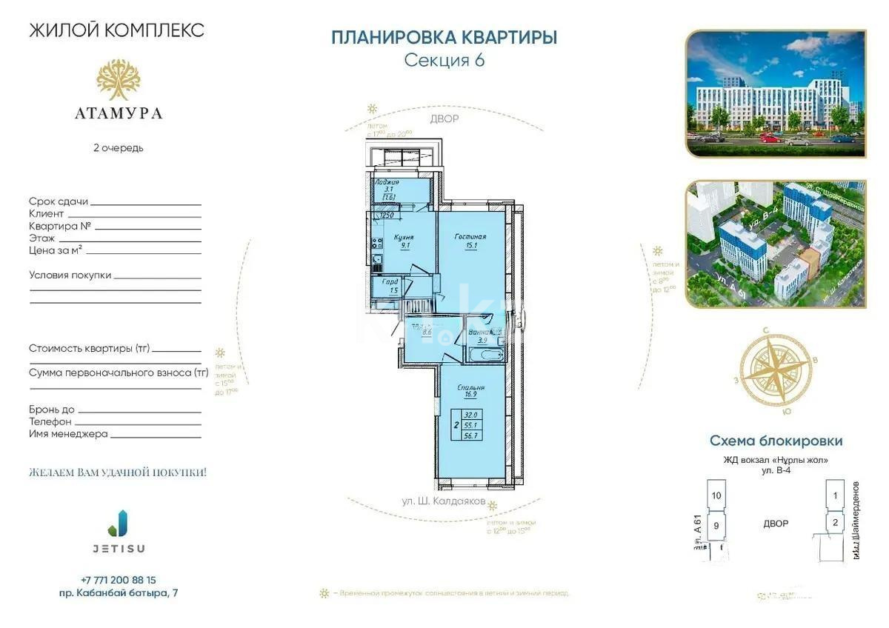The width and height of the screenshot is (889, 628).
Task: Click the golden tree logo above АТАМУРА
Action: coord(118,80)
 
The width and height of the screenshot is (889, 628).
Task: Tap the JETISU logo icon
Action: coord(118,522)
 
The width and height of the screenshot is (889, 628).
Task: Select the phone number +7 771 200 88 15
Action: coord(119,580)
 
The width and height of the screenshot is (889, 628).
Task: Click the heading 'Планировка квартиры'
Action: coord(444,38)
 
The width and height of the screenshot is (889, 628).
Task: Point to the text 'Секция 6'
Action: coord(444,61)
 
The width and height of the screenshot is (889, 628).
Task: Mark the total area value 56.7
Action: coord(470,436)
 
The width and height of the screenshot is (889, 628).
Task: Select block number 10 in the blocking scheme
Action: coord(716,495)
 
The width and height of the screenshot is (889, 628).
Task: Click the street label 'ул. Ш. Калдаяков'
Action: coord(443,501)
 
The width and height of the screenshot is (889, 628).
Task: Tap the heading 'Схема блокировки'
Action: coord(776,441)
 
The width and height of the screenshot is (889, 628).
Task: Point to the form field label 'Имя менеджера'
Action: coord(68,433)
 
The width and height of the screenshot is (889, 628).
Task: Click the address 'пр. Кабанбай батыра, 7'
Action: coord(119,593)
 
